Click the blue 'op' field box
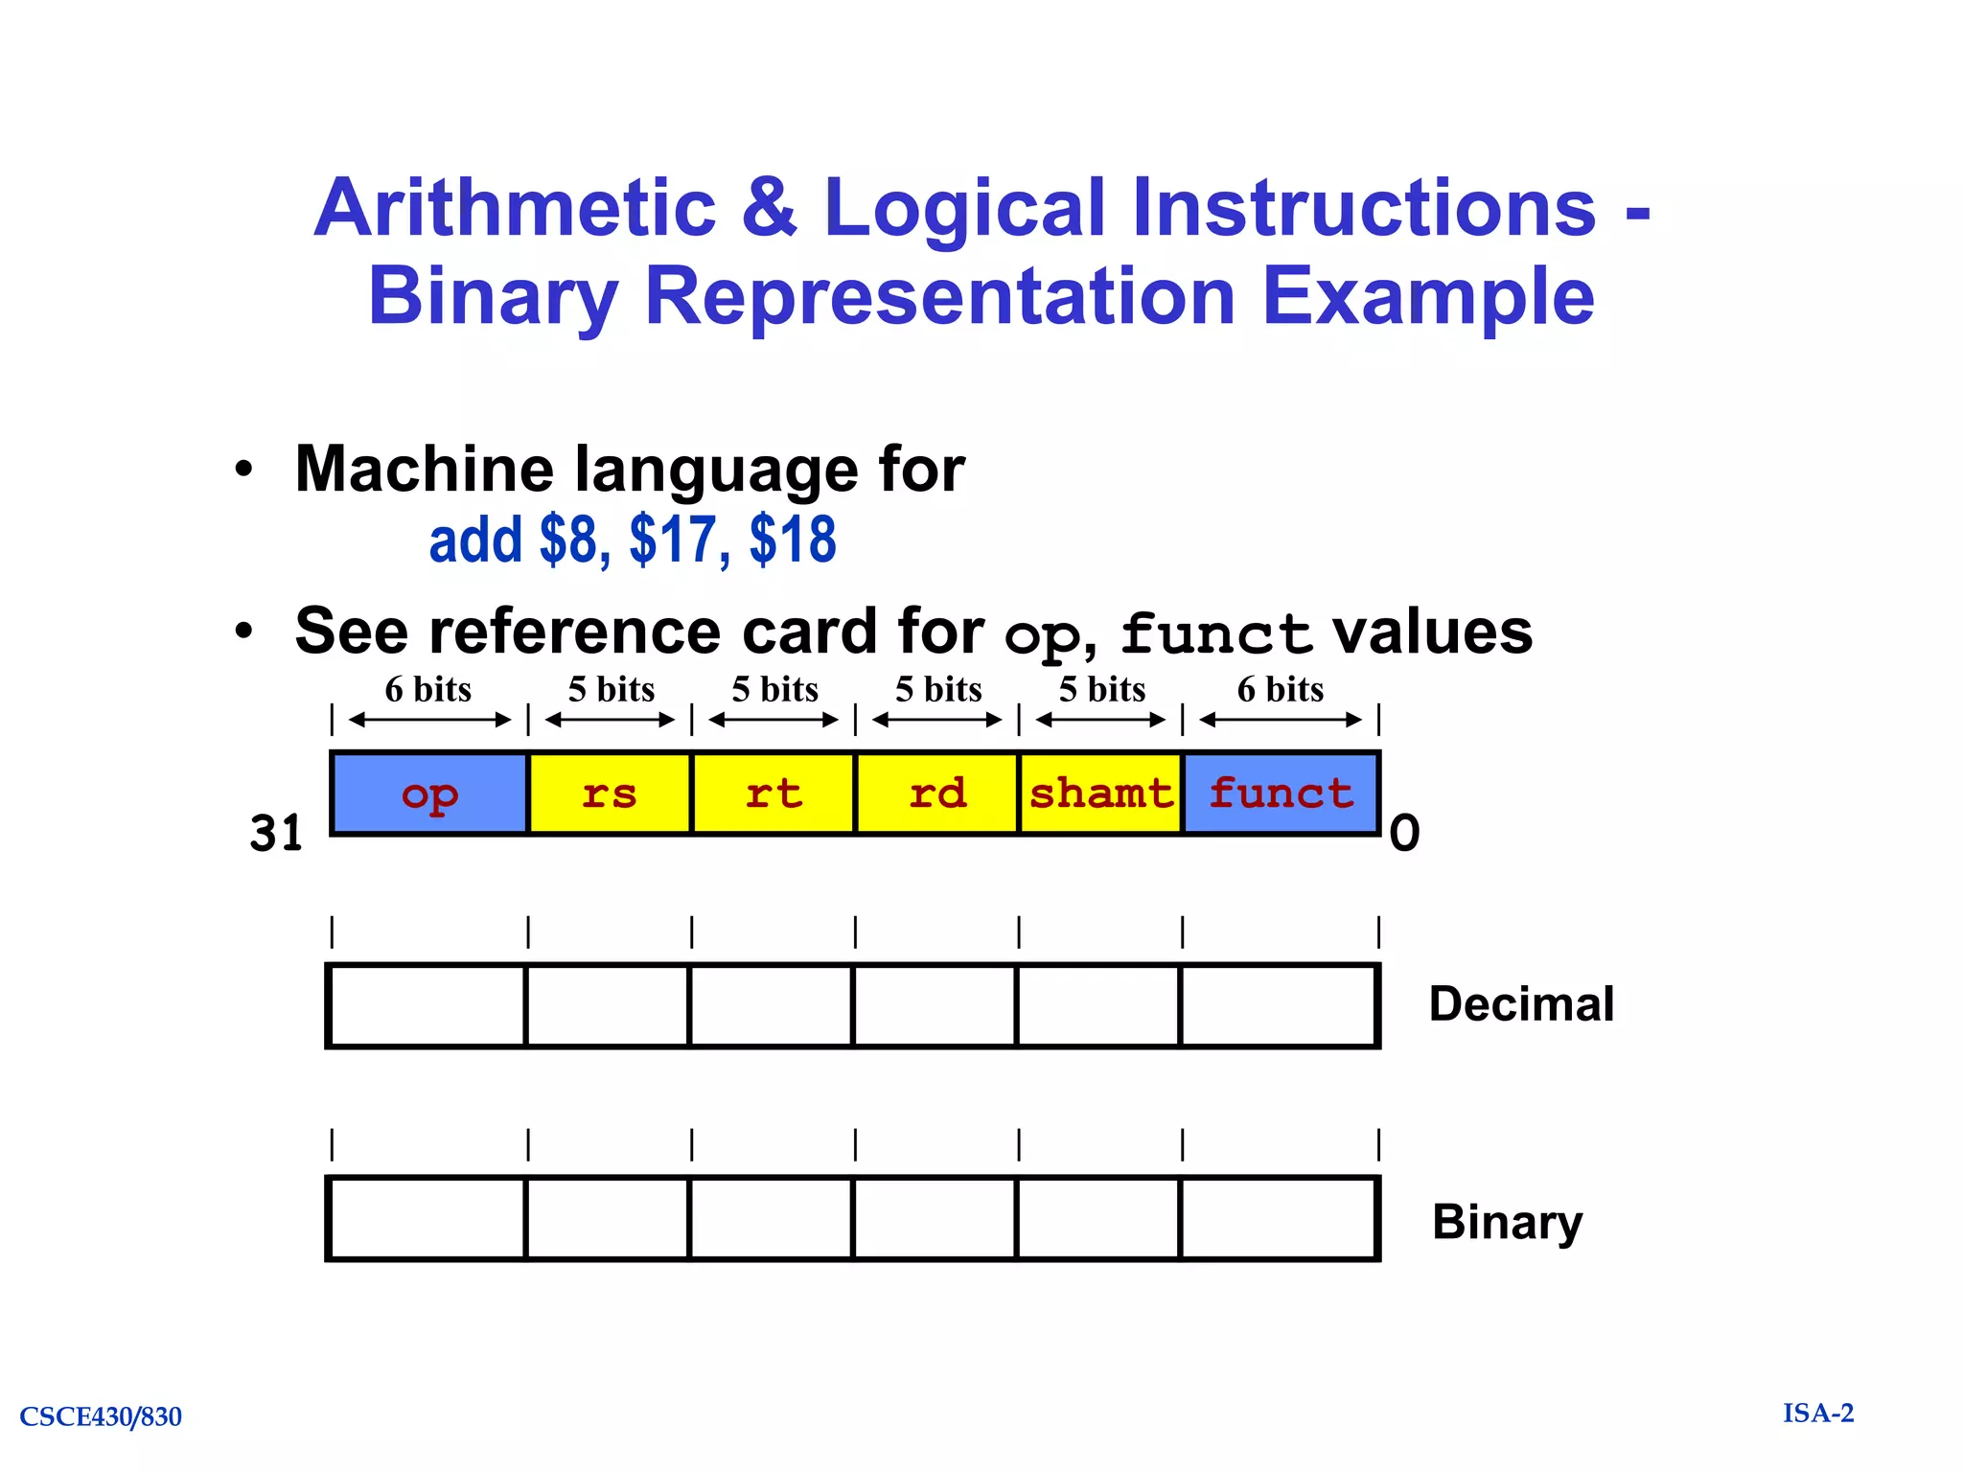coord(429,793)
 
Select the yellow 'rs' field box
coord(610,793)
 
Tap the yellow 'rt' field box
coord(773,793)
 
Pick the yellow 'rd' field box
coord(936,793)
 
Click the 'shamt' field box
coord(1100,793)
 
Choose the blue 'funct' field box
coord(1281,793)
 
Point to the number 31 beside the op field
coord(276,833)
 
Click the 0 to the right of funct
coord(1404,833)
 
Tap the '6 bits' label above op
coord(427,689)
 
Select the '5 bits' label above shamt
coord(1101,689)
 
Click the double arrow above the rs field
coord(610,720)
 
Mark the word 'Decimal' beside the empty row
coord(1521,1004)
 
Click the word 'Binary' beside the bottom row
coord(1507,1222)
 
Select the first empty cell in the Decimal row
coord(427,1006)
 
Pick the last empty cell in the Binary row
coord(1280,1219)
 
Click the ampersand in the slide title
coord(769,208)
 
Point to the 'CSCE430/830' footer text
coord(101,1416)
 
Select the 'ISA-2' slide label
coord(1818,1414)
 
